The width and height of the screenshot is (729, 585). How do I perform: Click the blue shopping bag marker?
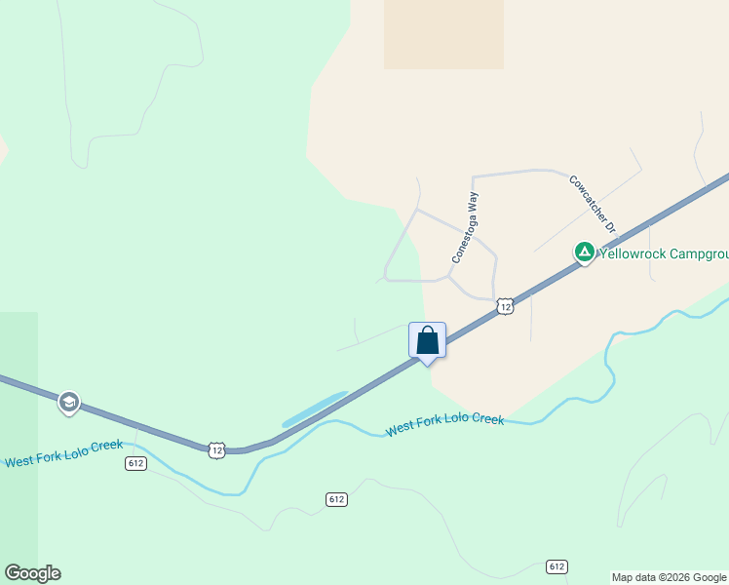[x=427, y=341]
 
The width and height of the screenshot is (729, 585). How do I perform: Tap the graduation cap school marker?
[x=68, y=402]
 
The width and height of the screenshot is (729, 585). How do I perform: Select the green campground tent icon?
[x=584, y=253]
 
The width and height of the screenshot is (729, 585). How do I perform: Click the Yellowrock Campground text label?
[x=663, y=254]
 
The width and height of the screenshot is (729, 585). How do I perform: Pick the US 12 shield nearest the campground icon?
[x=504, y=306]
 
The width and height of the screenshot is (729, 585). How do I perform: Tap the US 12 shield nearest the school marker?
[x=216, y=449]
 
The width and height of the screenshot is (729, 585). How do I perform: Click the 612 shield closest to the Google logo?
[x=135, y=463]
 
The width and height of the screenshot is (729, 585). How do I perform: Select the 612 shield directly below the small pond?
[x=336, y=499]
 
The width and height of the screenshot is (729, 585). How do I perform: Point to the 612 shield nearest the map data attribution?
[x=556, y=566]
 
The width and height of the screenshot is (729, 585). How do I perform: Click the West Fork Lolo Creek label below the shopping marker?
[x=444, y=424]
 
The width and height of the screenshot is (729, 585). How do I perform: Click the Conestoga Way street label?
[x=466, y=227]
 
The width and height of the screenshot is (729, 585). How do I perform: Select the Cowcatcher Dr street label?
[x=595, y=203]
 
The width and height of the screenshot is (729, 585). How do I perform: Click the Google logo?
[x=32, y=573]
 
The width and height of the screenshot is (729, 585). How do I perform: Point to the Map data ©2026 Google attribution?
[x=670, y=577]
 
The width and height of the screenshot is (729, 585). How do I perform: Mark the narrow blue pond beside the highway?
[x=314, y=409]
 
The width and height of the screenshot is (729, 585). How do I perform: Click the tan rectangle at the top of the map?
[x=443, y=34]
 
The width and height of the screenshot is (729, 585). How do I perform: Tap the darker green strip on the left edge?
[x=19, y=439]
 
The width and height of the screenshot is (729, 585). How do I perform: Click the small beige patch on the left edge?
[x=3, y=150]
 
